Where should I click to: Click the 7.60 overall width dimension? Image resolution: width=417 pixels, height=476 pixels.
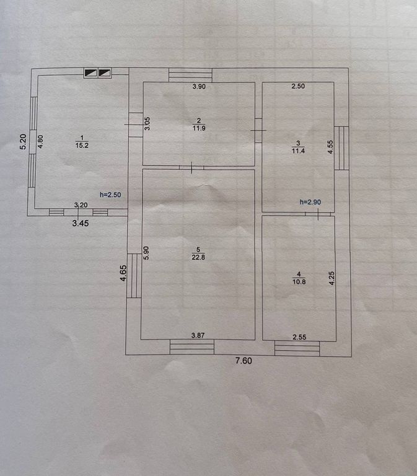244,361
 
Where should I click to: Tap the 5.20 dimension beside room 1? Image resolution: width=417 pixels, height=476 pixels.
24,142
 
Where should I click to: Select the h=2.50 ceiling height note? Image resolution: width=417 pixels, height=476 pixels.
110,195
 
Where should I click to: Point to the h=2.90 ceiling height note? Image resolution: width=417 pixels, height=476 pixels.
310,202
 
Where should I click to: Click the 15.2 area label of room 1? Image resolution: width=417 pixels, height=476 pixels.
82,146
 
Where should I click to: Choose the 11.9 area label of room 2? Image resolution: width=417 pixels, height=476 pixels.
199,128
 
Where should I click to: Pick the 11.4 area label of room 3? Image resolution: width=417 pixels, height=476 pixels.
298,151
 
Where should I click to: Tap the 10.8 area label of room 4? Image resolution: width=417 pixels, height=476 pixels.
299,282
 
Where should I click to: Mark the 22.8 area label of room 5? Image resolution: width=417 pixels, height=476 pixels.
198,257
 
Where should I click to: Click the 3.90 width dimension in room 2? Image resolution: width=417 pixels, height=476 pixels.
199,87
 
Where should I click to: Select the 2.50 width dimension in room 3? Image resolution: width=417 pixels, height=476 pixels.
298,86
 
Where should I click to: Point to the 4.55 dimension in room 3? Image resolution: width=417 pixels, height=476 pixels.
331,147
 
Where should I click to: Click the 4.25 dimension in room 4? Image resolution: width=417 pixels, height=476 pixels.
331,278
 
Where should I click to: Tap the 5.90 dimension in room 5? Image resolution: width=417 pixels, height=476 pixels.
146,253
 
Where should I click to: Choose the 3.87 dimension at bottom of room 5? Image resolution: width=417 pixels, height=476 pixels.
198,335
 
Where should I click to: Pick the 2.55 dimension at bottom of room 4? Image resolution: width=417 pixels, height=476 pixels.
299,337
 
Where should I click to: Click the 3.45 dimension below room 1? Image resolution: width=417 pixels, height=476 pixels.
81,223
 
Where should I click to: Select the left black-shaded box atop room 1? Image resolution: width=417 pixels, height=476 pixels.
90,73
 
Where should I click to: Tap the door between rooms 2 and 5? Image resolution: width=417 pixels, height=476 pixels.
191,167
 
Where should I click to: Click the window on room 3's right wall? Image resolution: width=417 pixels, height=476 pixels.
341,148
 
